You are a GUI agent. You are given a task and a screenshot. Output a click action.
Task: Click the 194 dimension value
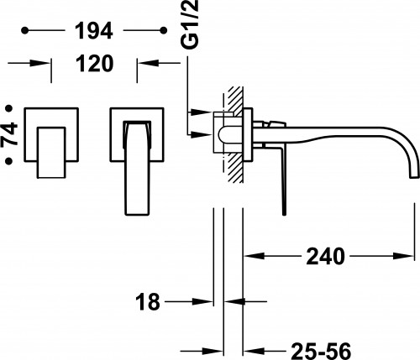click(x=94, y=30)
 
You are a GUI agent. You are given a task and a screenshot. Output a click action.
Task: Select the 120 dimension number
click(x=95, y=64)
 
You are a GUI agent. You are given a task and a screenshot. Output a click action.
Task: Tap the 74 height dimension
click(x=9, y=134)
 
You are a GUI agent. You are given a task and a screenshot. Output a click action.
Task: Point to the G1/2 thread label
click(x=190, y=24)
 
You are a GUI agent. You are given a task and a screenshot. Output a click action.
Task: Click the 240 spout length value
click(x=325, y=256)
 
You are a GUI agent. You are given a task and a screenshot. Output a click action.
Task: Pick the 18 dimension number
click(x=148, y=302)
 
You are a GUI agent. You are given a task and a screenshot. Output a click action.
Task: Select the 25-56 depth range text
click(x=321, y=351)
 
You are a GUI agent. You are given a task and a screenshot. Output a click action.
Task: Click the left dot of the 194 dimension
click(x=25, y=30)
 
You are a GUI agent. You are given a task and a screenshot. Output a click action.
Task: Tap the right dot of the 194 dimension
click(x=164, y=30)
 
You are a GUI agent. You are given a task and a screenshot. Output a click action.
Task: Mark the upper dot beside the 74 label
click(x=9, y=108)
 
